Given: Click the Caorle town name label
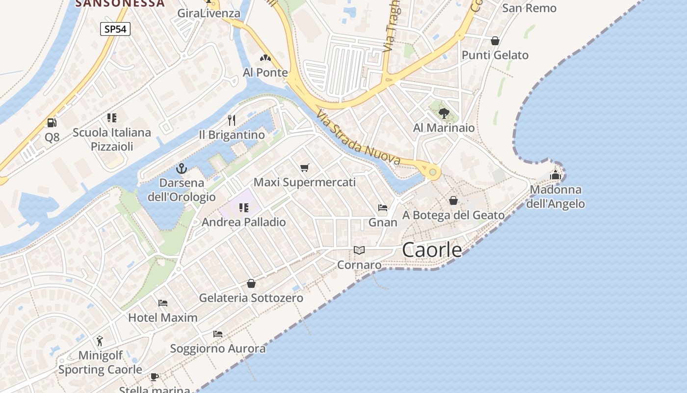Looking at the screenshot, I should coord(432,250).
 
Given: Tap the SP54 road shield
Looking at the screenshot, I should coord(115,29).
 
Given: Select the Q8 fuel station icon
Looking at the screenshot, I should coord(52,122).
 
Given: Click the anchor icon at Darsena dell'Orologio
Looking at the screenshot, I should coord(182,168).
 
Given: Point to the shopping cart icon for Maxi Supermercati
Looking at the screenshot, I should coord(305,168).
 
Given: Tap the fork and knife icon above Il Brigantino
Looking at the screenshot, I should coord(232,120).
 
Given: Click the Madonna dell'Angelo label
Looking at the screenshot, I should coord(555,196).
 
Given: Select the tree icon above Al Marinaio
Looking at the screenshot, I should coord(444,113).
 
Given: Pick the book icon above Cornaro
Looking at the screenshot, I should coord(359,251).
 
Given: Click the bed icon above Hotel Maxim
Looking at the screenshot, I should coord(163,303).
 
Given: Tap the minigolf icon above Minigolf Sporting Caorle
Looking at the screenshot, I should coord(100,340).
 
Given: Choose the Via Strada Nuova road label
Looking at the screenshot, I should coord(359,137).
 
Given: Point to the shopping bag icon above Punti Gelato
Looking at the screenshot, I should coord(495,41).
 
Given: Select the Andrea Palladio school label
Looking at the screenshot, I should coord(244,222).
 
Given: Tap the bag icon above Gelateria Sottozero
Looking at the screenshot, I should coord(251,283).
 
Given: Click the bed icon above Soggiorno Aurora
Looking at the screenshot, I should coord(218,334).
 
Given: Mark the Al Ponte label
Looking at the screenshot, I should coord(265,73).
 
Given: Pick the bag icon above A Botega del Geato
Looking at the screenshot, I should coord(453,200).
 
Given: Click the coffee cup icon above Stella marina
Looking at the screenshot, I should coord(155,377).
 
